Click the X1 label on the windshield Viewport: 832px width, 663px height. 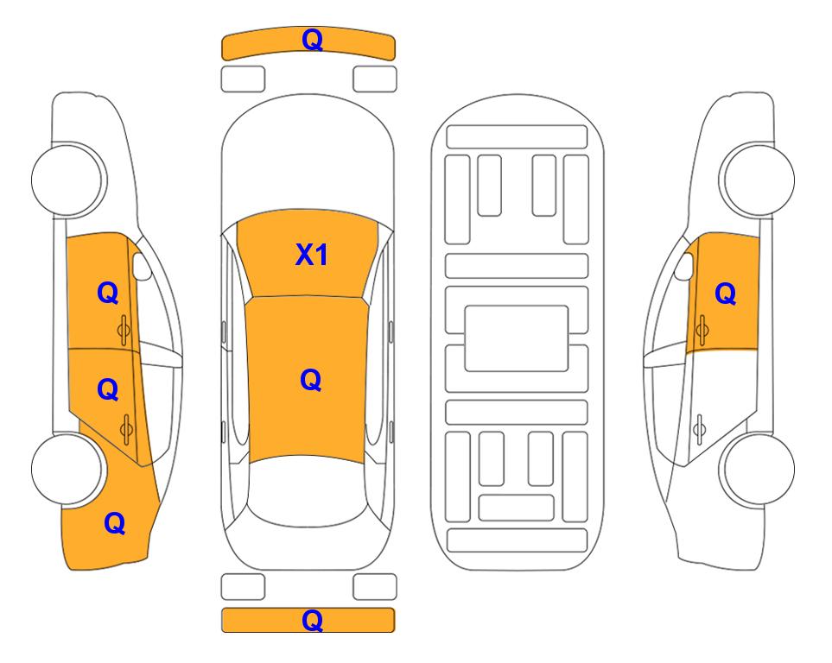click(x=312, y=255)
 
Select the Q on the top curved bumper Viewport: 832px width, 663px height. click(x=312, y=39)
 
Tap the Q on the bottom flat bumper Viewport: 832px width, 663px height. click(x=312, y=620)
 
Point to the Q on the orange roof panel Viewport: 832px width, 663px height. click(x=310, y=380)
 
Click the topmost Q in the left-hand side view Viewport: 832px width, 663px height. click(x=108, y=293)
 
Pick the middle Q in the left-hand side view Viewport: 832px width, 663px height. click(x=108, y=390)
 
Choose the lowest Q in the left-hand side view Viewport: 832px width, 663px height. click(x=115, y=523)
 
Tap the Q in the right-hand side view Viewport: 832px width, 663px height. click(x=726, y=294)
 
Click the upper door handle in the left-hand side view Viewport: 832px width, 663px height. click(x=124, y=330)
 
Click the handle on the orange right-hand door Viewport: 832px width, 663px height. click(x=702, y=330)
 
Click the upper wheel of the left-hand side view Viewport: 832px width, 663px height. click(x=68, y=180)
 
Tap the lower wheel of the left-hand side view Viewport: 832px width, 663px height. click(x=68, y=469)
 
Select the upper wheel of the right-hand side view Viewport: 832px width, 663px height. click(x=758, y=180)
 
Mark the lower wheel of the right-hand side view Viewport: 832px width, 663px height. click(x=758, y=469)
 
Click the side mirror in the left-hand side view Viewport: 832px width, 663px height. click(x=142, y=266)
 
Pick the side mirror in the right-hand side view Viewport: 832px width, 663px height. click(x=684, y=266)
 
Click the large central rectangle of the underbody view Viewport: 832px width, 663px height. click(x=517, y=338)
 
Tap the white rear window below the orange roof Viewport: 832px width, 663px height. click(x=308, y=490)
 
